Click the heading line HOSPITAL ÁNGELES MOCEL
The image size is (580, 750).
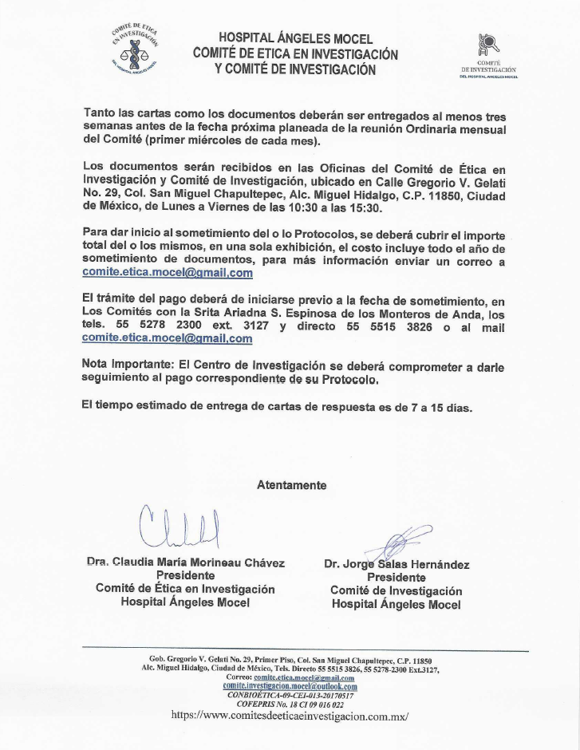(x=295, y=38)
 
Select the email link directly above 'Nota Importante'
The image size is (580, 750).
(x=168, y=337)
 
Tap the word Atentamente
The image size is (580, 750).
(x=291, y=484)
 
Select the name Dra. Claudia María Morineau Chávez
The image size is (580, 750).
(x=185, y=562)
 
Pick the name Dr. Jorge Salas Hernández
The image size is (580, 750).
(x=397, y=564)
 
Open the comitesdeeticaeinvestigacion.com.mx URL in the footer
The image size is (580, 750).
(x=290, y=716)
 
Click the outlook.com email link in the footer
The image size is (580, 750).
(x=290, y=686)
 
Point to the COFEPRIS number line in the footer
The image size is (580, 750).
(x=290, y=705)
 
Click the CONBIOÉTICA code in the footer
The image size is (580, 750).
(x=290, y=696)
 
